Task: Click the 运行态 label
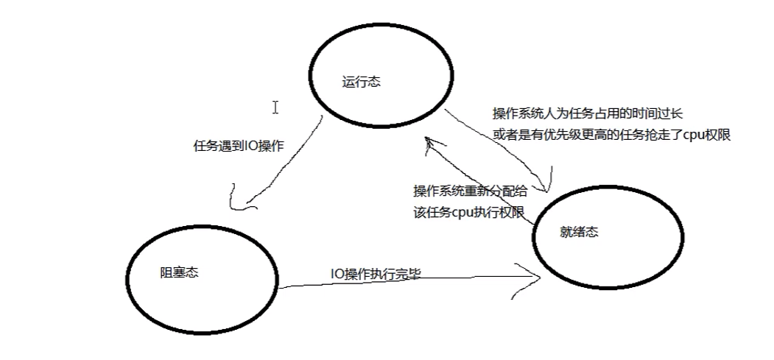click(362, 82)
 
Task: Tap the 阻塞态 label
click(180, 272)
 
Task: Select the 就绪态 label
click(579, 232)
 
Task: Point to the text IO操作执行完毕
click(376, 273)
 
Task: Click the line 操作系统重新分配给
click(470, 191)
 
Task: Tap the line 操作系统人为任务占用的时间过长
click(588, 115)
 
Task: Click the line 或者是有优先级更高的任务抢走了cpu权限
click(611, 135)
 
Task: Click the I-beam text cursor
click(275, 107)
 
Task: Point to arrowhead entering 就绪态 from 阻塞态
click(536, 278)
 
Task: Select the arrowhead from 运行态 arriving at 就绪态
click(545, 185)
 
